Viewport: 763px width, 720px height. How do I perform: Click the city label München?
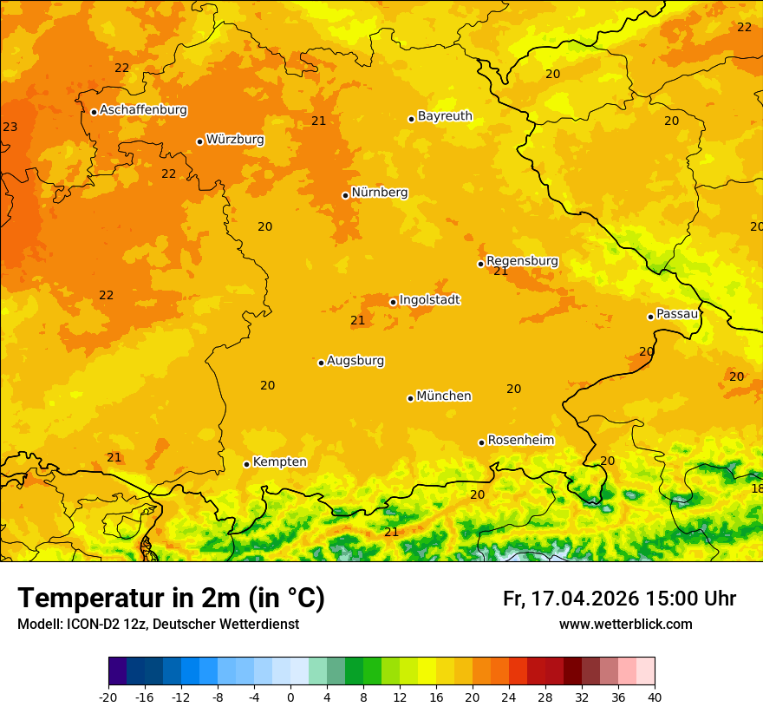tap(444, 396)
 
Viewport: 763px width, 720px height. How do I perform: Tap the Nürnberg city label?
tap(380, 193)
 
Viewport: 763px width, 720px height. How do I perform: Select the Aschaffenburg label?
tap(143, 110)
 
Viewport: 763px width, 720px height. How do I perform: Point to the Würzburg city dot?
tap(199, 141)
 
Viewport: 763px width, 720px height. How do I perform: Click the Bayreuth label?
tap(445, 116)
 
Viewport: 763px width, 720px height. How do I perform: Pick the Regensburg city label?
tap(522, 261)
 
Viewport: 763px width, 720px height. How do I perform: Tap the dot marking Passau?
tap(650, 317)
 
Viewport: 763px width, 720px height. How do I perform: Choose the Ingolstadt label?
tap(429, 300)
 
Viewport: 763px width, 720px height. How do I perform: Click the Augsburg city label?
tap(355, 361)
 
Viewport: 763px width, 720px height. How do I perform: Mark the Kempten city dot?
tap(246, 464)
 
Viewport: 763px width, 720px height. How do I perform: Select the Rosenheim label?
tap(520, 441)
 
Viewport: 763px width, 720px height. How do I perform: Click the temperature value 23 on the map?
tap(10, 128)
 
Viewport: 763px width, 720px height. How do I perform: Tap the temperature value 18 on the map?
tap(756, 488)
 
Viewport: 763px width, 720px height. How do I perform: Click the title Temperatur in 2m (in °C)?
tap(171, 599)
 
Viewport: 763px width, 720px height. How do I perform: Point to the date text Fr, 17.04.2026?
tap(571, 599)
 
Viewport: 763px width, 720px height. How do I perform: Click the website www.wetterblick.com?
tap(625, 625)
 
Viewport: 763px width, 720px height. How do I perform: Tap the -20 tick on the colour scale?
tap(108, 697)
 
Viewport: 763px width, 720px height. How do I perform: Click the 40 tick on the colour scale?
tap(655, 697)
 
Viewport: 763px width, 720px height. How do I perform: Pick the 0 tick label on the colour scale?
tap(290, 697)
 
